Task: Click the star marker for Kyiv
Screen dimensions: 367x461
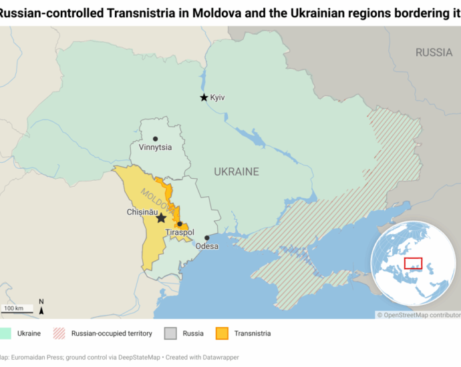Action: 204,97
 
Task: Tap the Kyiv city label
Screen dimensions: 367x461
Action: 218,97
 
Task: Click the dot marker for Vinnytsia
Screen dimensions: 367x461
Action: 155,139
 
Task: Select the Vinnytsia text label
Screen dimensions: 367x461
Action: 155,149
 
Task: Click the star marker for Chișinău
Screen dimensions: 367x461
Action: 161,218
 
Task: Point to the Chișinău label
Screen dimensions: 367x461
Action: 141,212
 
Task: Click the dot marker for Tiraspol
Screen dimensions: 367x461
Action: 180,224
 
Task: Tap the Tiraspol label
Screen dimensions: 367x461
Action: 180,232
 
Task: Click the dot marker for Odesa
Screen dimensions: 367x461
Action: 207,238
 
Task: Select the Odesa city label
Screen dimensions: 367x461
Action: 207,246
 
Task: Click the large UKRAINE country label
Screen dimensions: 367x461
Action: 236,172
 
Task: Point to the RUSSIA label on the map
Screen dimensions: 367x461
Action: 434,53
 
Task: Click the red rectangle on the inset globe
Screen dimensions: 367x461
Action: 413,264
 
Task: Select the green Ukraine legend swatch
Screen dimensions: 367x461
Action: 5,333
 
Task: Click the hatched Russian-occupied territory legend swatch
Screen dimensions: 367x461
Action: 59,333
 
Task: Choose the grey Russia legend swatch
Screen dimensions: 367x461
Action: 171,333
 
